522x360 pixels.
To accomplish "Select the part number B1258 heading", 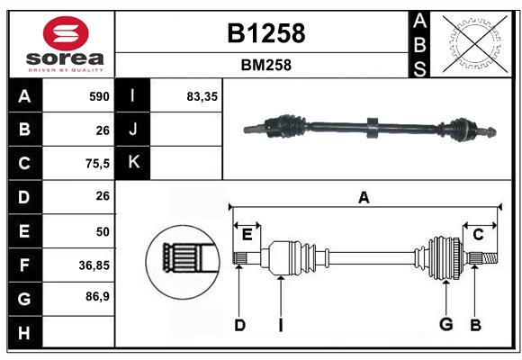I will tap(263, 33).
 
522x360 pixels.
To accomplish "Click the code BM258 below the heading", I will tap(263, 65).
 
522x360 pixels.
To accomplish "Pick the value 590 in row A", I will tap(98, 96).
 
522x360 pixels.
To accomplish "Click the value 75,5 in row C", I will tap(96, 163).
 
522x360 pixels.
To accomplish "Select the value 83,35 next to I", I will tap(202, 96).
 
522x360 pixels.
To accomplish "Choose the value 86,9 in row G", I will tap(96, 296).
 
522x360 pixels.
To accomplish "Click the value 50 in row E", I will tap(102, 230).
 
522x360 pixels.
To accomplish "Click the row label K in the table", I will tap(133, 163).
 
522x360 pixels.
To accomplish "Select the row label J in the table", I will tap(133, 130).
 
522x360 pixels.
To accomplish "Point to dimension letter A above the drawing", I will tap(364, 198).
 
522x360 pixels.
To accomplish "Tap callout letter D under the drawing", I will tap(239, 325).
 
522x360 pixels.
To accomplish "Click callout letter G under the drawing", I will tap(444, 325).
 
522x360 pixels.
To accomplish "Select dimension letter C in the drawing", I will tap(478, 234).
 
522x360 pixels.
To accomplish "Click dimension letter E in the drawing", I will tap(247, 234).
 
